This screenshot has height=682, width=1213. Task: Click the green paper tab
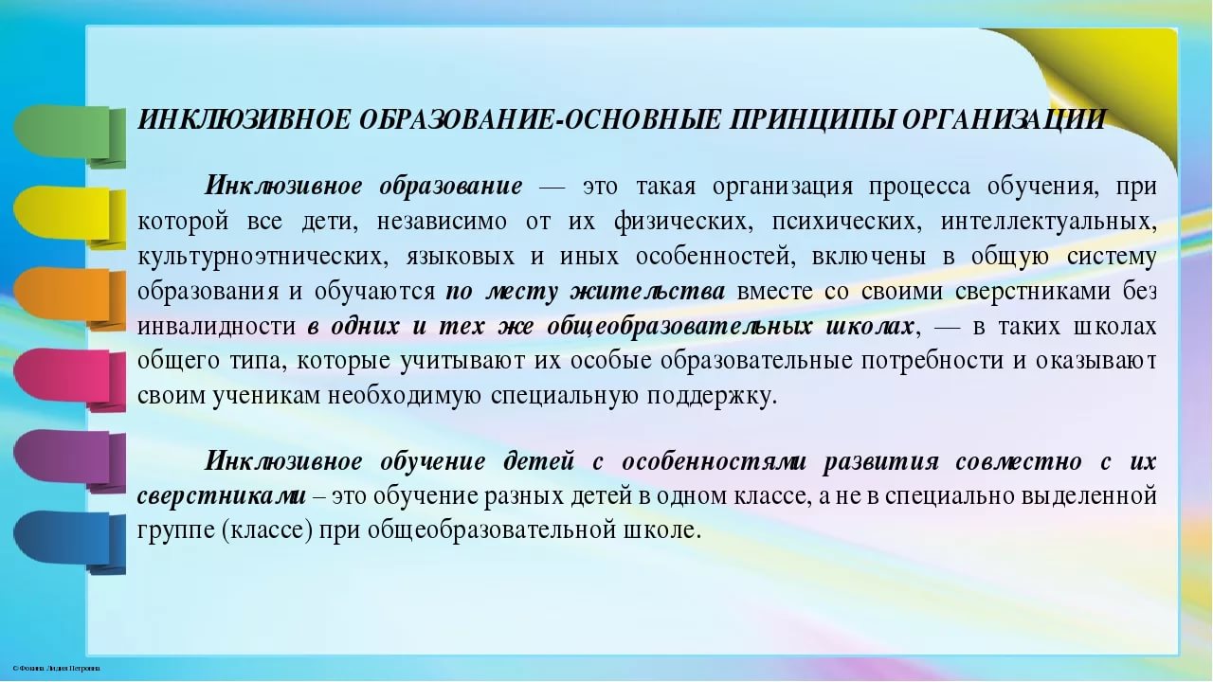pyautogui.click(x=69, y=135)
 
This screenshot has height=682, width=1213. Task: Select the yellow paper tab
pyautogui.click(x=69, y=217)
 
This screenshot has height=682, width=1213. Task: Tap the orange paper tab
pyautogui.click(x=69, y=297)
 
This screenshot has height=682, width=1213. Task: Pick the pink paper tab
pyautogui.click(x=69, y=379)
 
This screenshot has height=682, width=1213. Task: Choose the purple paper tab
pyautogui.click(x=69, y=460)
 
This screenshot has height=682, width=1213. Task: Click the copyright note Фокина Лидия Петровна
pyautogui.click(x=56, y=669)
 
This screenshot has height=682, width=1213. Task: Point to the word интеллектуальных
pyautogui.click(x=1048, y=222)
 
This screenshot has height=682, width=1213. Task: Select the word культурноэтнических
pyautogui.click(x=263, y=257)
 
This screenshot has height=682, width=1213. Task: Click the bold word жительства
pyautogui.click(x=647, y=292)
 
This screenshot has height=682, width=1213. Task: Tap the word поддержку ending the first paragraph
pyautogui.click(x=712, y=397)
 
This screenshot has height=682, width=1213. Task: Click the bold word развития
pyautogui.click(x=880, y=462)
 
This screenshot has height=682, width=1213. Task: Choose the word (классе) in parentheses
pyautogui.click(x=267, y=530)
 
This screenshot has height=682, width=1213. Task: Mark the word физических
pyautogui.click(x=683, y=222)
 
